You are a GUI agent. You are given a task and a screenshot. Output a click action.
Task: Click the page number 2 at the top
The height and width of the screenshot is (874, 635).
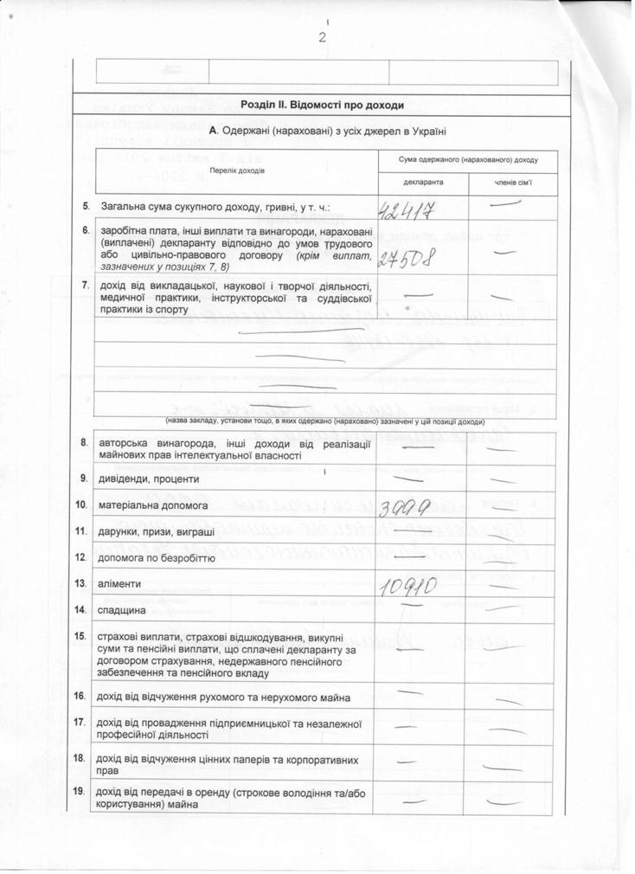322,37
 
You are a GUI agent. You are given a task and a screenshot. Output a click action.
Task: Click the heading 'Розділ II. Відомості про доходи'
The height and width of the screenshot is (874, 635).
323,105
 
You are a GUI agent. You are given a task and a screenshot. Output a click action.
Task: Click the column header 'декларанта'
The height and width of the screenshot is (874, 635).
422,183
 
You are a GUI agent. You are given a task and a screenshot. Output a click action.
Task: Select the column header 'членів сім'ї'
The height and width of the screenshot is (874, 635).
513,183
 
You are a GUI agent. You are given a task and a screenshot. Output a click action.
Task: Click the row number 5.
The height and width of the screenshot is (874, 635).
86,207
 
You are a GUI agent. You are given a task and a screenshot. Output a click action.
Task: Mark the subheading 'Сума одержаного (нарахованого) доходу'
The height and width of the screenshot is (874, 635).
467,160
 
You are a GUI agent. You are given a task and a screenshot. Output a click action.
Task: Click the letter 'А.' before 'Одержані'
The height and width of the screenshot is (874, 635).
214,131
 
